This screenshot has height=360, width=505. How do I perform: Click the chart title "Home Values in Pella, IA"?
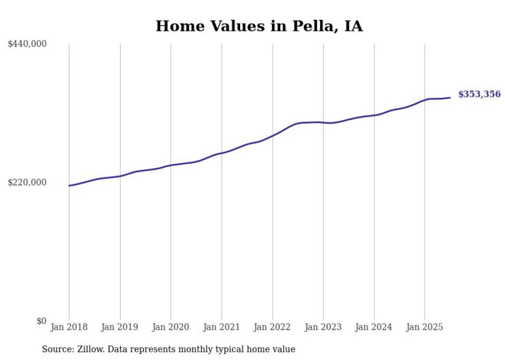[259, 26]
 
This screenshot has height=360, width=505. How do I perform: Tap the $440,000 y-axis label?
[27, 44]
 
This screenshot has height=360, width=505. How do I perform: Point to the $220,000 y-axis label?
[27, 182]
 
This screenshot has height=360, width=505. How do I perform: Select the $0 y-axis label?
[41, 321]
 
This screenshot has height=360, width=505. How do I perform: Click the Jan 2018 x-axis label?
[69, 327]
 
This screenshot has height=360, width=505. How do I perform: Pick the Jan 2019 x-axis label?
[120, 327]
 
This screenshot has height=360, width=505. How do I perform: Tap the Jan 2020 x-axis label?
[171, 327]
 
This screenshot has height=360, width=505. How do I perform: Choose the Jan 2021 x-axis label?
[222, 327]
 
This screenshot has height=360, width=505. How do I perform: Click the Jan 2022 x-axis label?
[272, 327]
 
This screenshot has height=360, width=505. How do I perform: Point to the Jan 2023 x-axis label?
[323, 327]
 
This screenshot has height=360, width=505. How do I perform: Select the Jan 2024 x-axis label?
[374, 327]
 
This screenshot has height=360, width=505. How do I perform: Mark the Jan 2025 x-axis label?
[425, 327]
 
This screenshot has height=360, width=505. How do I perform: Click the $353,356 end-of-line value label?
[479, 94]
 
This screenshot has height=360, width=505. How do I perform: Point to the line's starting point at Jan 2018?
[69, 185]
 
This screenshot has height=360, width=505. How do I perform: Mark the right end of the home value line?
[450, 97]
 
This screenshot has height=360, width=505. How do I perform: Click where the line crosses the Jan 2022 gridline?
[272, 135]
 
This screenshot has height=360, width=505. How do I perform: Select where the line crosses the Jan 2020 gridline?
[171, 165]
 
